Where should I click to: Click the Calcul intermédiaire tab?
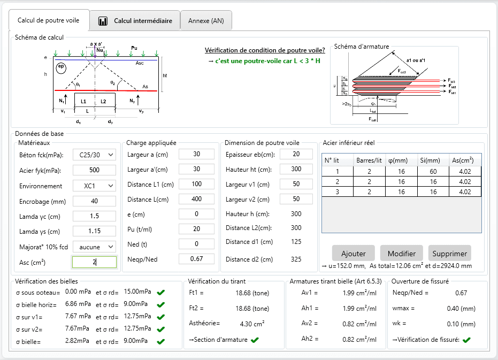click(135, 21)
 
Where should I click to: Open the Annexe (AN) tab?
click(206, 21)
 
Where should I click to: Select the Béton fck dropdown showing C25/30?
click(94, 155)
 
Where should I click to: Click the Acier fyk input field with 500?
click(94, 170)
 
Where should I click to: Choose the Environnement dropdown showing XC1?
click(94, 186)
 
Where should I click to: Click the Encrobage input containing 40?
click(94, 201)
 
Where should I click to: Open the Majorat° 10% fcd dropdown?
click(94, 247)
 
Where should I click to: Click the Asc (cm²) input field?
click(94, 262)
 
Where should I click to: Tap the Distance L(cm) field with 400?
click(196, 200)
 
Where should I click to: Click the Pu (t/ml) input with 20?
click(196, 228)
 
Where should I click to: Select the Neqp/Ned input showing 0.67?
click(196, 259)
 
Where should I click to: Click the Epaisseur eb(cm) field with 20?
click(296, 154)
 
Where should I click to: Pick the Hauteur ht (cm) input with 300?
click(296, 169)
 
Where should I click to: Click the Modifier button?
click(401, 253)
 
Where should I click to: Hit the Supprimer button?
click(450, 253)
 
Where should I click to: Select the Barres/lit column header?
click(369, 160)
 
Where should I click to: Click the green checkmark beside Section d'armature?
click(255, 340)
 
